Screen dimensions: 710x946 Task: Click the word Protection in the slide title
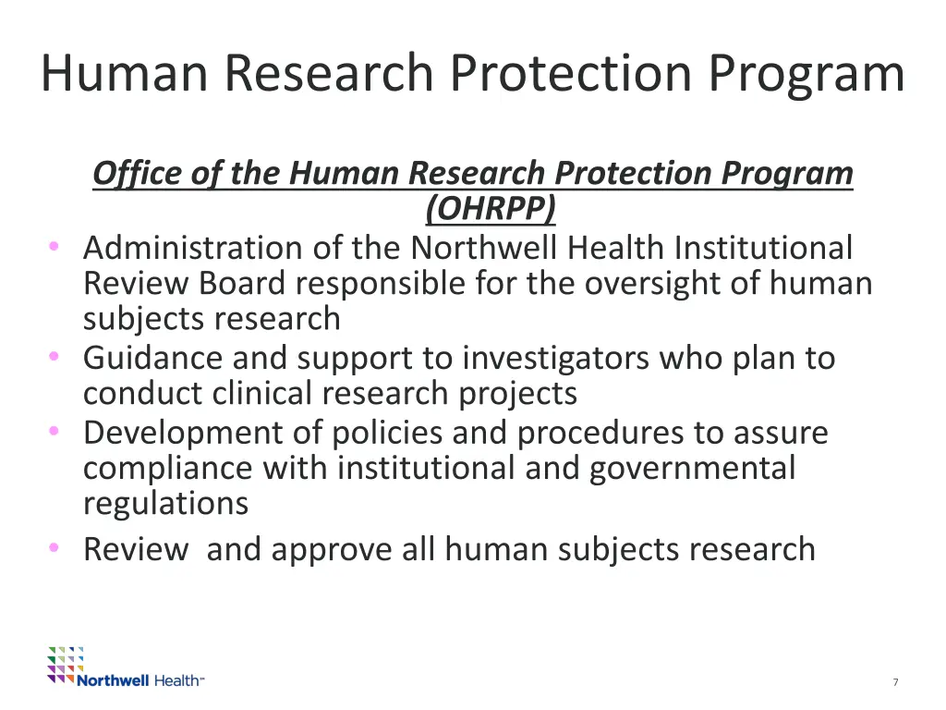point(575,74)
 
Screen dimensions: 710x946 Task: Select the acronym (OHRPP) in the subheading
point(491,209)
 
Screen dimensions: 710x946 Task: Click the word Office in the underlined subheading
point(131,173)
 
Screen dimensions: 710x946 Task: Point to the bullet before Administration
point(55,246)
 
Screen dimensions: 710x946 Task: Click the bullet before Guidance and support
point(55,356)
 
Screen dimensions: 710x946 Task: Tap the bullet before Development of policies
point(55,431)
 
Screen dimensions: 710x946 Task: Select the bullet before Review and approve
point(55,547)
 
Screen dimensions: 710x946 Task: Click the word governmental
point(692,469)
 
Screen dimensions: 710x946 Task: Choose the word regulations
point(165,504)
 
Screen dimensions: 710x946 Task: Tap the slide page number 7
point(895,682)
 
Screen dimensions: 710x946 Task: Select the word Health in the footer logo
point(176,680)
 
